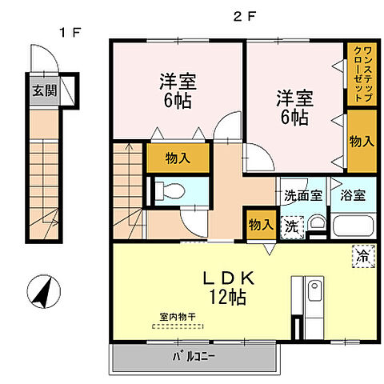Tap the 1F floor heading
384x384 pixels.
(x=66, y=32)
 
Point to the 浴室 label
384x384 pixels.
(x=352, y=194)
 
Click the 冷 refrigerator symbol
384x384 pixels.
(x=362, y=257)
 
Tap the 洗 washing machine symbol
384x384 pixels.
(x=294, y=226)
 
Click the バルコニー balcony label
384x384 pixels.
(x=195, y=354)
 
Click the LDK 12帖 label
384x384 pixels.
(x=227, y=287)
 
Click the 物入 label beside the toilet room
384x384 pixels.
(x=178, y=158)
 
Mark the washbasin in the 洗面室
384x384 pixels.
(x=317, y=225)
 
